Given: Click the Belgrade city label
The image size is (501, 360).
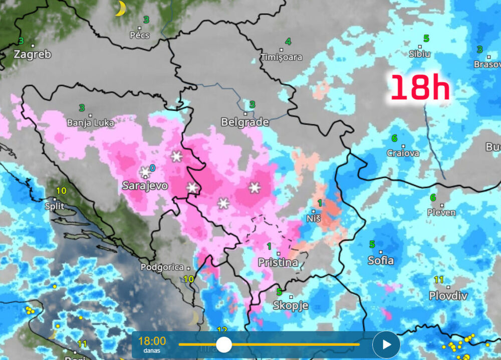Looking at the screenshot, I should (x=245, y=122).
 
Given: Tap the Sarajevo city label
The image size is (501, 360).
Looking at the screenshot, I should (x=145, y=186).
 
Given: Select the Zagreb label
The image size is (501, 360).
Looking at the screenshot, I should (x=32, y=54).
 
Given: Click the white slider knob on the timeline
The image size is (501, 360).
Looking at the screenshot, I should (x=223, y=344).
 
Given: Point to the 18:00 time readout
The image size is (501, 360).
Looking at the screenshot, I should (x=152, y=341).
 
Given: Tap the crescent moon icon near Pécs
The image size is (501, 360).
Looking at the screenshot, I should (x=120, y=9).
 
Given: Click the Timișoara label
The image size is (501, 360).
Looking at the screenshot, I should (x=282, y=57).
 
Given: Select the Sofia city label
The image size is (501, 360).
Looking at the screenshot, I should (x=381, y=260).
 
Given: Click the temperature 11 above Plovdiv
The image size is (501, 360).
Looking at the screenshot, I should (x=439, y=280).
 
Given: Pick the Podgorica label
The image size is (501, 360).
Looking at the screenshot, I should (x=162, y=267).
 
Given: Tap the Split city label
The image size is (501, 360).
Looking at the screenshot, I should (x=54, y=206).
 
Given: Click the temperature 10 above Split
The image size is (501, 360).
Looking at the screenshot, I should (x=62, y=191).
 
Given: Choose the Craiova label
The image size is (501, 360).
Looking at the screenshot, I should (x=403, y=153).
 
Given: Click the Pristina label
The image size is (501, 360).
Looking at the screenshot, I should (x=278, y=262).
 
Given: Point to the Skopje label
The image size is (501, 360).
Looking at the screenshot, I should (x=291, y=305).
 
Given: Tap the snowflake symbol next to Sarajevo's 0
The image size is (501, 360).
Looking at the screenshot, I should (x=145, y=172).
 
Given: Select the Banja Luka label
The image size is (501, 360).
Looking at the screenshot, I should (x=91, y=122).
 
